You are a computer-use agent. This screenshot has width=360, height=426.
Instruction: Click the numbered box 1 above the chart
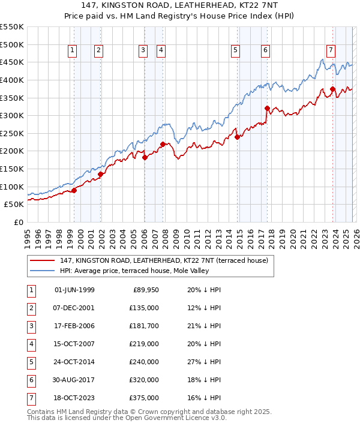[x=72, y=51]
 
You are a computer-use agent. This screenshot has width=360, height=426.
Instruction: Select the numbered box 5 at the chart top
[x=235, y=51]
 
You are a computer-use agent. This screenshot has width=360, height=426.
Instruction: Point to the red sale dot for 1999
[x=74, y=190]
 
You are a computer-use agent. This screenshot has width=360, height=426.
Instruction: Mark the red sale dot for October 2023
[x=333, y=89]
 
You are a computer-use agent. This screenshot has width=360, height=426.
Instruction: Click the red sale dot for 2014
[x=237, y=137]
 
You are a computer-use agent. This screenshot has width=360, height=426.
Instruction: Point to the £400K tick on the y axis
[x=12, y=80]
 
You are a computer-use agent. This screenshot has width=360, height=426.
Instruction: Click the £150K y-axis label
[x=12, y=169]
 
